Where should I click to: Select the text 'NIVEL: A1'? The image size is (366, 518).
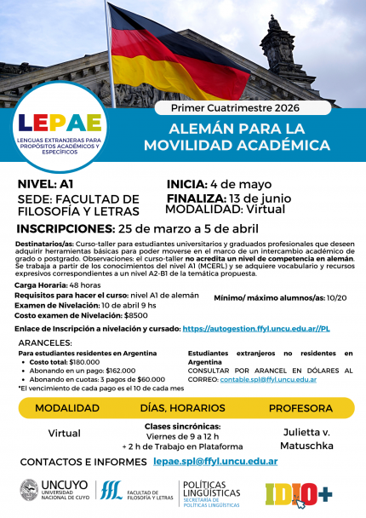pyautogui.click(x=47, y=183)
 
